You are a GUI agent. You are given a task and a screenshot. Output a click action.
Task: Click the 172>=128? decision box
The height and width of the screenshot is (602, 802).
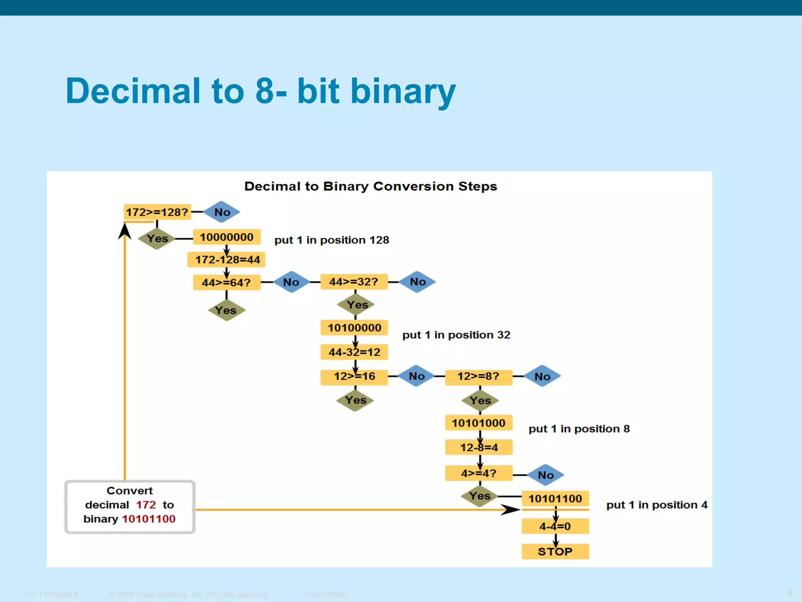[157, 212]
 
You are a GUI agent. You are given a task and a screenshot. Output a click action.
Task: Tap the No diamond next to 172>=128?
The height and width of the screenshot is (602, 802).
[222, 212]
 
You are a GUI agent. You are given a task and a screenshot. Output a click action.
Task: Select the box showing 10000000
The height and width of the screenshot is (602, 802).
[227, 237]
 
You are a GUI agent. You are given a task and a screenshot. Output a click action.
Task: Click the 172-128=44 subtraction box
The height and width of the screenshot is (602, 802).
[227, 259]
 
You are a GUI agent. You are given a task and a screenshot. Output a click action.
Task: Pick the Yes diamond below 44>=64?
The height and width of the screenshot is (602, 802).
[226, 310]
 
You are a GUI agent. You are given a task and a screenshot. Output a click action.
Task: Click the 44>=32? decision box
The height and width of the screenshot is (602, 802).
[354, 282]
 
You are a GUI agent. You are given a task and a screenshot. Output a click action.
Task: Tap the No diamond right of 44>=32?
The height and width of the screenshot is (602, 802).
[418, 282]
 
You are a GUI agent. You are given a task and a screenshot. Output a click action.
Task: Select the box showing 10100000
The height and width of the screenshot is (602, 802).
[354, 328]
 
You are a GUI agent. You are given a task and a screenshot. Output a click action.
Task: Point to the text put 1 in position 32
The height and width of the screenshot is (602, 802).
[456, 335]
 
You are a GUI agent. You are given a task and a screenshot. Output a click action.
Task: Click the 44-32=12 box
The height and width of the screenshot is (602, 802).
[354, 352]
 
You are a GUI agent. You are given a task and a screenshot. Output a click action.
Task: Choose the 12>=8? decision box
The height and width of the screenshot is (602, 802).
[479, 376]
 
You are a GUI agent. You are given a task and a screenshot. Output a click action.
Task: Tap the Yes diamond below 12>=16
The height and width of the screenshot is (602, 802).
[356, 400]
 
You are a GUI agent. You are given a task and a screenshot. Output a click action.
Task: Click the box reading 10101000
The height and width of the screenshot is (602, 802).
[479, 423]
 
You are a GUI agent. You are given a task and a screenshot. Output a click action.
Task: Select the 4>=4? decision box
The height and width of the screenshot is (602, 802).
[479, 473]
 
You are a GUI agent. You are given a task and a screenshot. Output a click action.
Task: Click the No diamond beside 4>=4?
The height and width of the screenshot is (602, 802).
[546, 475]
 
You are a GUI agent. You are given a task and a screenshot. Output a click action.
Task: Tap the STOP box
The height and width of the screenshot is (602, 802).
[555, 551]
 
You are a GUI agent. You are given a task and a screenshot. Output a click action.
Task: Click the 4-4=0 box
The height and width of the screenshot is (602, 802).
[555, 526]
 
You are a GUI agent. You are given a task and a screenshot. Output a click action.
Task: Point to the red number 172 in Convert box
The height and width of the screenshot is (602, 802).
[146, 505]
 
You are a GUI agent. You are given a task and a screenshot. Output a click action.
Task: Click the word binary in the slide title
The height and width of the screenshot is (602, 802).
[403, 91]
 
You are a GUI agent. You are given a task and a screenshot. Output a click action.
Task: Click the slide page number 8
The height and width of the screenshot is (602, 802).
[790, 592]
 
